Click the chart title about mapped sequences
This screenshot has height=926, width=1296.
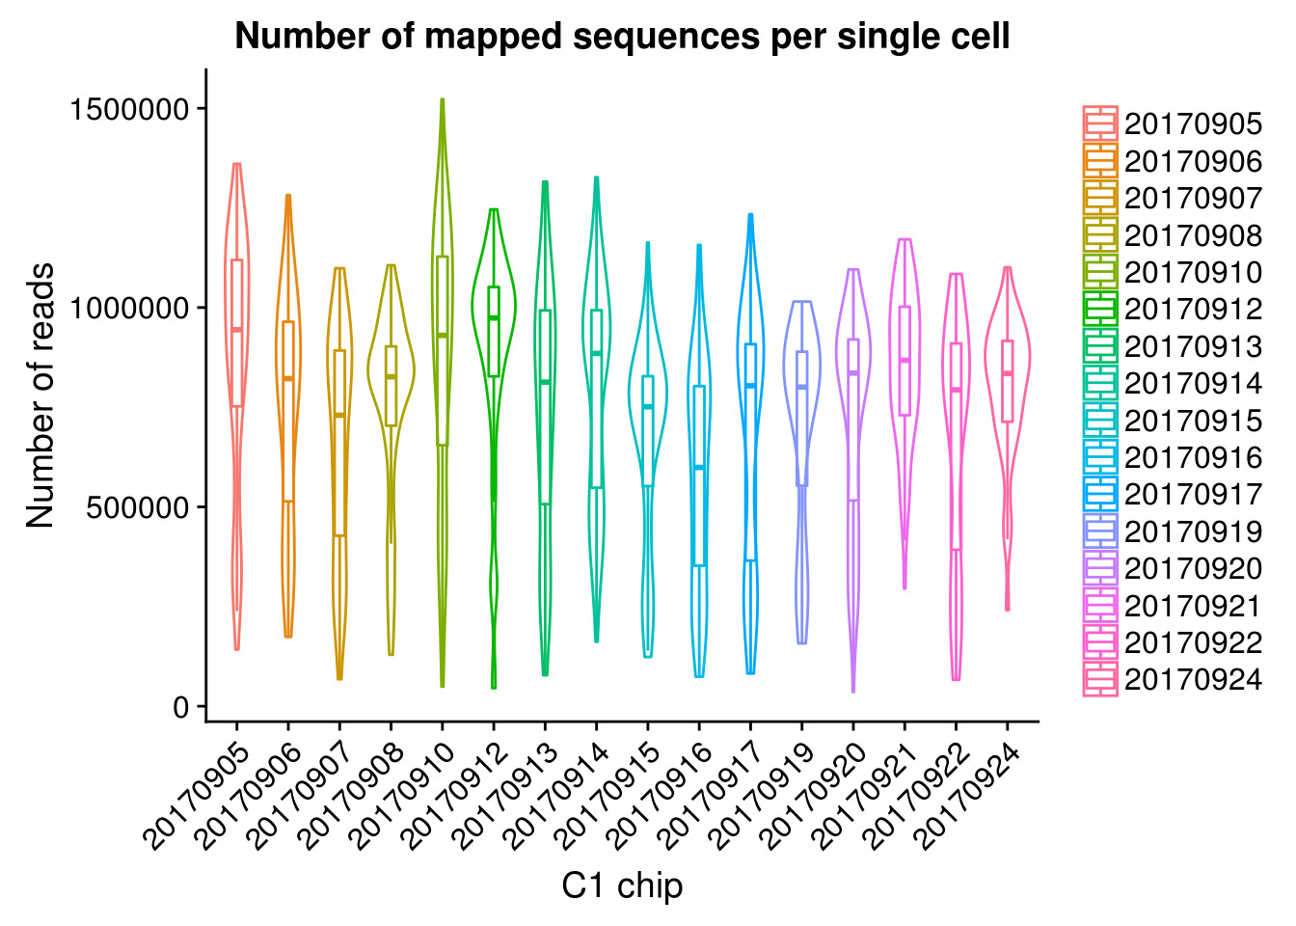click(622, 37)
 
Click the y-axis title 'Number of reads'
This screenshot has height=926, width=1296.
click(40, 395)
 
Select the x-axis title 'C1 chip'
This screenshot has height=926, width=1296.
click(622, 885)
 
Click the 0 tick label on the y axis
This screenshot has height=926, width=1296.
click(182, 707)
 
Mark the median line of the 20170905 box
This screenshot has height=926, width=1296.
click(236, 330)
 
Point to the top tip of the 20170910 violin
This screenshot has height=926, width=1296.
click(442, 100)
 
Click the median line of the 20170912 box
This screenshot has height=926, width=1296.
click(494, 317)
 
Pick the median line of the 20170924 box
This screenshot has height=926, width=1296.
click(1008, 373)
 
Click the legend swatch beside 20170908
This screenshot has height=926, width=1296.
click(1100, 235)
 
